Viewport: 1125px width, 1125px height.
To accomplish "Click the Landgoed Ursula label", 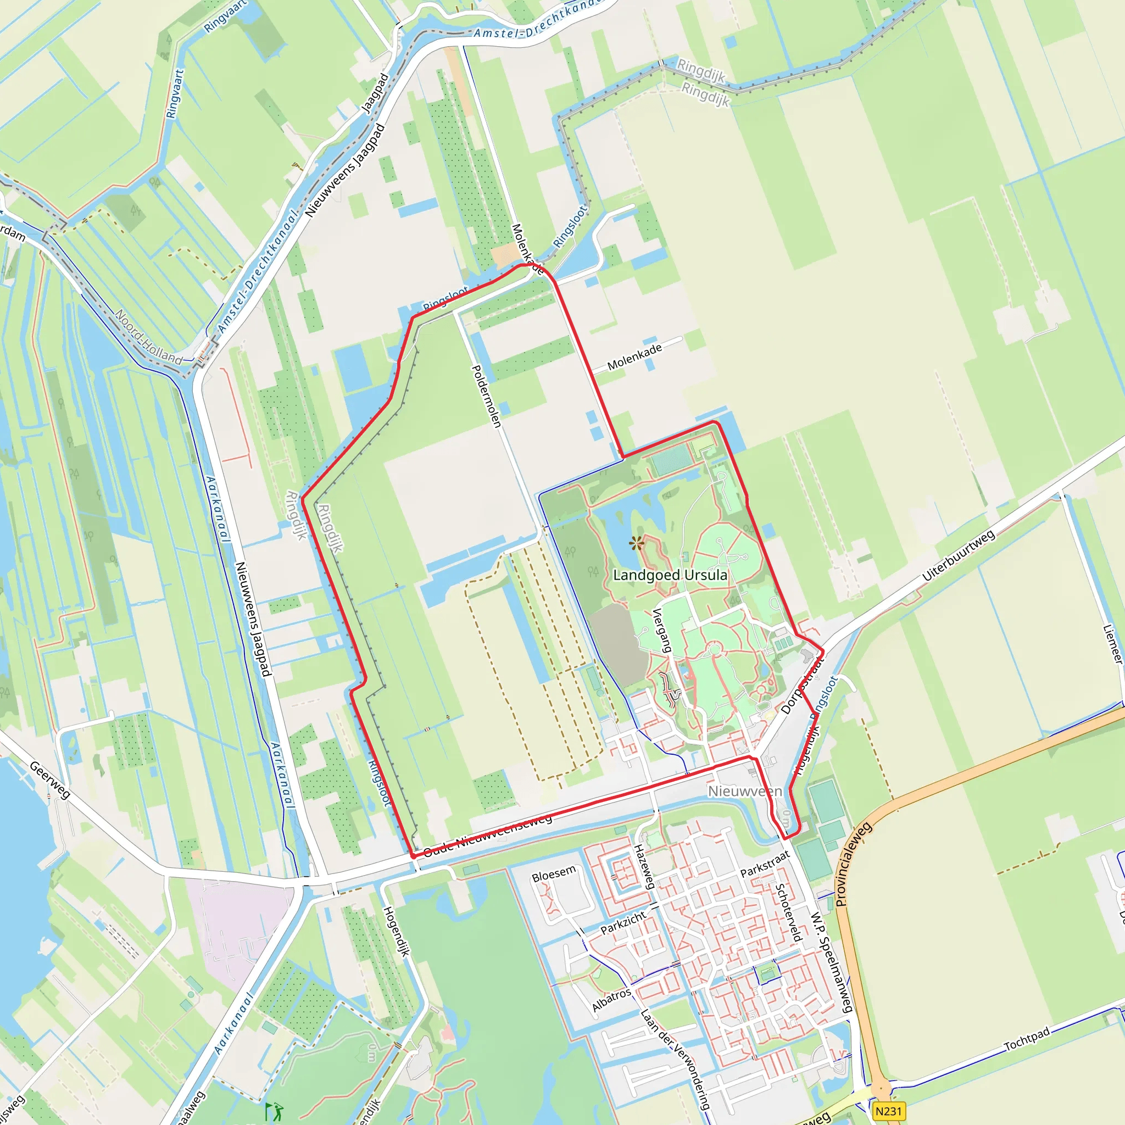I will pyautogui.click(x=670, y=575).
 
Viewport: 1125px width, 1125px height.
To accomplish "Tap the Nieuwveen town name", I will pyautogui.click(x=745, y=792).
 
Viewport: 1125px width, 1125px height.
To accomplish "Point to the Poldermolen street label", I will pyautogui.click(x=486, y=396).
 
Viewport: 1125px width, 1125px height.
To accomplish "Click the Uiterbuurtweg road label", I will pyautogui.click(x=959, y=555).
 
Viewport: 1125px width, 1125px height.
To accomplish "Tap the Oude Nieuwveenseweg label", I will pyautogui.click(x=487, y=836).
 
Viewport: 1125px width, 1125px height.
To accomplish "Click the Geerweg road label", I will pyautogui.click(x=50, y=780).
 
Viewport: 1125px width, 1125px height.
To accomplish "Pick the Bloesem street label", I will pyautogui.click(x=554, y=873).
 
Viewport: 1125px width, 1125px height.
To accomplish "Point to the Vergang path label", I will pyautogui.click(x=662, y=630).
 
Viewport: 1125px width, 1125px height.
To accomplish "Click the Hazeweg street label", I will pyautogui.click(x=644, y=866).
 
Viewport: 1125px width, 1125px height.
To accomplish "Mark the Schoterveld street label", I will pyautogui.click(x=789, y=912).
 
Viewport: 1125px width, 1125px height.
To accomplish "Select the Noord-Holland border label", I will pyautogui.click(x=148, y=337).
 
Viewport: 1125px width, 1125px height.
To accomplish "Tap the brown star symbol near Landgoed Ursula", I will pyautogui.click(x=637, y=544).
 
